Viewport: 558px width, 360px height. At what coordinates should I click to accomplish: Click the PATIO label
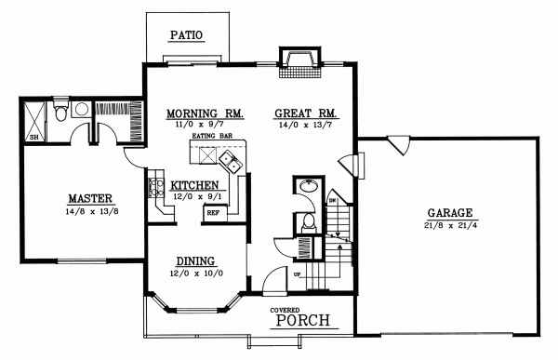tap(185, 36)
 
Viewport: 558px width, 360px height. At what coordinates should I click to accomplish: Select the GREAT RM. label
tap(306, 113)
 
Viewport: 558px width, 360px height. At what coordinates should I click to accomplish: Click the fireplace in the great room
tap(299, 61)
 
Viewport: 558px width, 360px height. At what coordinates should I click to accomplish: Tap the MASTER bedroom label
tap(90, 198)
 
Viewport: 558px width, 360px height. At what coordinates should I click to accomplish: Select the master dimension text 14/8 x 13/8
tap(90, 212)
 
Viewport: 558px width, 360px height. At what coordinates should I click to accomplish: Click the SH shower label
tap(34, 137)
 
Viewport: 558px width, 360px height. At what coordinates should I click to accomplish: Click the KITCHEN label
tap(193, 185)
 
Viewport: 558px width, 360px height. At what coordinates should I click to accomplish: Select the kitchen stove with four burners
tap(153, 190)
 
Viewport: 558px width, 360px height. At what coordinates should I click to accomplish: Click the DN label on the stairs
tap(331, 200)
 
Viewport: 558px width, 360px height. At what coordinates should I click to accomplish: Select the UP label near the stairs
tap(297, 276)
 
